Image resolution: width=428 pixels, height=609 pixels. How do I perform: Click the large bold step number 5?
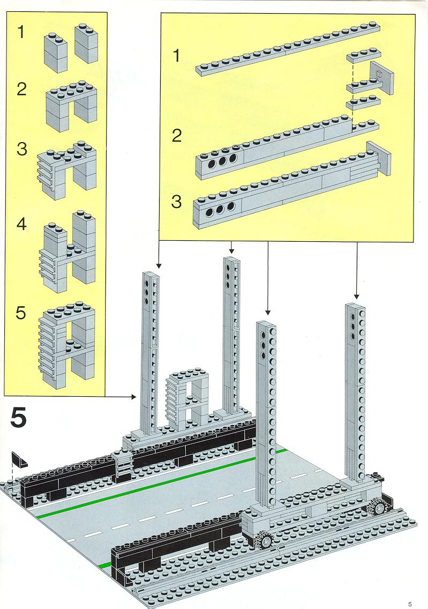[x=18, y=418]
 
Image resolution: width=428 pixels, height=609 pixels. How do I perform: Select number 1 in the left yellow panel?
[x=21, y=33]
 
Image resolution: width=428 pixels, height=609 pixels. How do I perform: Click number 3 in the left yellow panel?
[x=21, y=149]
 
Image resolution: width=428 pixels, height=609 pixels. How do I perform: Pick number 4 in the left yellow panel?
[x=21, y=224]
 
